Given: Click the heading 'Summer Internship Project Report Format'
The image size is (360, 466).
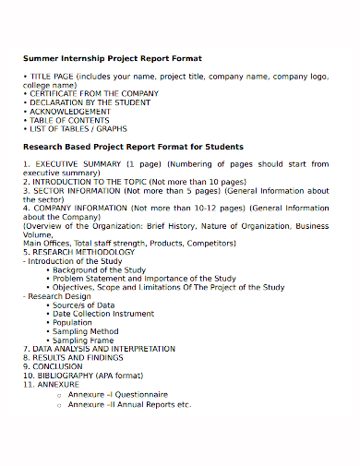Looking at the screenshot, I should point(112,58).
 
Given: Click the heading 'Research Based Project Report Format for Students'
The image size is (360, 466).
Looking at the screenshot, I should point(133,147).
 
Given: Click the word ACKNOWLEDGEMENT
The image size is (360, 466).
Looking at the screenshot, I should point(70,112).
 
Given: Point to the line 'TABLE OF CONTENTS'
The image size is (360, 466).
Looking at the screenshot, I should point(69,121).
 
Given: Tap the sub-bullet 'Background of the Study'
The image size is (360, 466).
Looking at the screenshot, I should point(99,269).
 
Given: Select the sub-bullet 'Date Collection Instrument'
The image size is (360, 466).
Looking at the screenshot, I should point(103,314).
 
